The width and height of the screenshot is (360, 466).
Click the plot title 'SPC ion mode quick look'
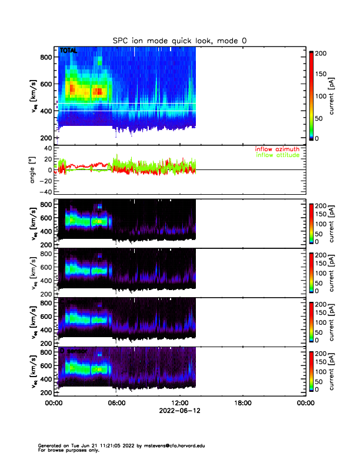click(179, 41)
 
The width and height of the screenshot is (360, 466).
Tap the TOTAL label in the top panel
click(68, 51)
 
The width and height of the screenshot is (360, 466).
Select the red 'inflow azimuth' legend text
click(277, 149)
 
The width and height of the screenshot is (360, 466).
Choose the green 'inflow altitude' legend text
click(277, 155)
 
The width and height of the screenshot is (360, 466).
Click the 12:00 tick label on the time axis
click(179, 404)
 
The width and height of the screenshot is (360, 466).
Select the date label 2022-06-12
click(179, 411)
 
